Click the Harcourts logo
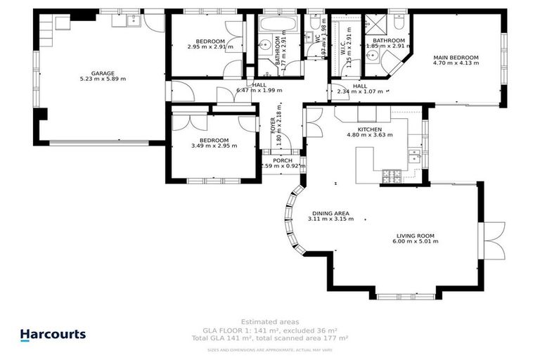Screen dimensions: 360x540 (53, 335)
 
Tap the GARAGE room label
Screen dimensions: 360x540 (103, 73)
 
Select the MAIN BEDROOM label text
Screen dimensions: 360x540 (456, 57)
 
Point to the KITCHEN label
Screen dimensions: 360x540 (369, 129)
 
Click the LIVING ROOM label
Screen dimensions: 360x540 (415, 236)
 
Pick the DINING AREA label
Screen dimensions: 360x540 (328, 213)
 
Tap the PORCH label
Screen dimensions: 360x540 (282, 160)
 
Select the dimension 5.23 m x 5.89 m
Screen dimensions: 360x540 (103, 79)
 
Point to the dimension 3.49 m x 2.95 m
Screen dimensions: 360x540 (214, 146)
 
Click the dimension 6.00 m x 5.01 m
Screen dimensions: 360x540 (415, 241)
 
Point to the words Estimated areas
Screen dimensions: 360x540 (269, 321)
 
